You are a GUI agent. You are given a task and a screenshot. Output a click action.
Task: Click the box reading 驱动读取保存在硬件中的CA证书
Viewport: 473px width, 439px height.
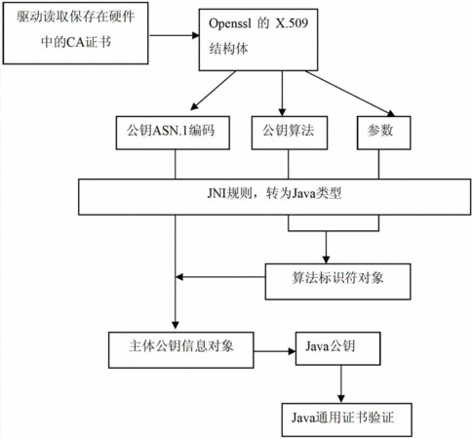pyautogui.click(x=75, y=33)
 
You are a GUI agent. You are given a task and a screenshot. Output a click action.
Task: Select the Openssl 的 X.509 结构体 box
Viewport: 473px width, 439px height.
pyautogui.click(x=258, y=40)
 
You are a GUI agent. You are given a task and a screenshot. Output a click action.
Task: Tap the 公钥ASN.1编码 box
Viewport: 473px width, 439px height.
pyautogui.click(x=173, y=133)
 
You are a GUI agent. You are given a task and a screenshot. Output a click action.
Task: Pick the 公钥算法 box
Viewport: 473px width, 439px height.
pyautogui.click(x=290, y=133)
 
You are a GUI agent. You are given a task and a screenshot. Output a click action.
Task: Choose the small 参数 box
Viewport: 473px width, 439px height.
pyautogui.click(x=384, y=133)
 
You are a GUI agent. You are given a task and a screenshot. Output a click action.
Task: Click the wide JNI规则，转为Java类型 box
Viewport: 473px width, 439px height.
pyautogui.click(x=275, y=197)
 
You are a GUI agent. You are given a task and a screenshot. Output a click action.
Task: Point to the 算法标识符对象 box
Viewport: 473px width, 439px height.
pyautogui.click(x=337, y=282)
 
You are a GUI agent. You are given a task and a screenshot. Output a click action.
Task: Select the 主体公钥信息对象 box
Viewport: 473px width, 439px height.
pyautogui.click(x=181, y=350)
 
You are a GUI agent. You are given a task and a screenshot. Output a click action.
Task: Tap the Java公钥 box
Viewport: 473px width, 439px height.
pyautogui.click(x=337, y=348)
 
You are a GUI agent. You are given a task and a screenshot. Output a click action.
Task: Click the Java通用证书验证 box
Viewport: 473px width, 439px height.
pyautogui.click(x=347, y=419)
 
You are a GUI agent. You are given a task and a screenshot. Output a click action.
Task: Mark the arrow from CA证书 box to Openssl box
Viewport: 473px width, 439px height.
pyautogui.click(x=174, y=35)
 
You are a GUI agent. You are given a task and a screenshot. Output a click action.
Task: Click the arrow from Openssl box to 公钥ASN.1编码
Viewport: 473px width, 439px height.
pyautogui.click(x=213, y=91)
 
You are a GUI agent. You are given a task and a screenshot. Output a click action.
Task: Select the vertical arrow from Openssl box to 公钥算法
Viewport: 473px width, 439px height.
pyautogui.click(x=282, y=94)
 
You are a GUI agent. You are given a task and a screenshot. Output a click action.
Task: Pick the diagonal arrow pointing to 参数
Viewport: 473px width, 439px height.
pyautogui.click(x=350, y=94)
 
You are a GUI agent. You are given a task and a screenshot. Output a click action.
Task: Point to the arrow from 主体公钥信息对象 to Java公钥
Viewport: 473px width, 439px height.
pyautogui.click(x=275, y=351)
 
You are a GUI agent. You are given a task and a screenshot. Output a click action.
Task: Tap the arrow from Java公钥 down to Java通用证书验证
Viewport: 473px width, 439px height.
pyautogui.click(x=340, y=383)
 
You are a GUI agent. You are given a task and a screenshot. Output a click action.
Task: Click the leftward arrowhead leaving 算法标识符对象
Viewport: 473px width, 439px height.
pyautogui.click(x=179, y=277)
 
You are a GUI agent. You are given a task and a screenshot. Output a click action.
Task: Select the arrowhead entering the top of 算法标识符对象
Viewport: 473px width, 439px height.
pyautogui.click(x=326, y=259)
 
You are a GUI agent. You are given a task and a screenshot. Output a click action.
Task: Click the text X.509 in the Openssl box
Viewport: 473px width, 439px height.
pyautogui.click(x=292, y=23)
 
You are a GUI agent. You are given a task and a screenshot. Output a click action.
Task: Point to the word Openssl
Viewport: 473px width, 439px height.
pyautogui.click(x=230, y=23)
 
